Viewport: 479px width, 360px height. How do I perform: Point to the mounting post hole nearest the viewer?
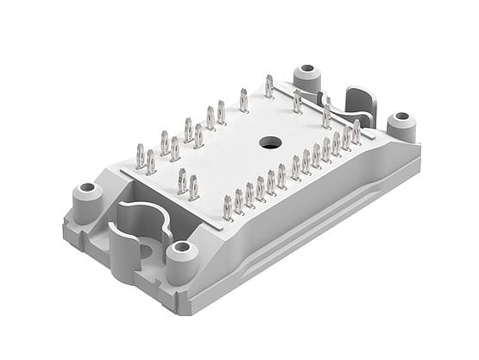coord(180,249)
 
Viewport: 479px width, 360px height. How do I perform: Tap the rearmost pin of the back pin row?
coord(269,86)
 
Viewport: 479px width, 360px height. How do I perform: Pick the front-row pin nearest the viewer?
coord(229,207)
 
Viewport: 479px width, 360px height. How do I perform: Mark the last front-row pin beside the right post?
coord(356,131)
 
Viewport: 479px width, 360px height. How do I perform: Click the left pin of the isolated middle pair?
coord(182,180)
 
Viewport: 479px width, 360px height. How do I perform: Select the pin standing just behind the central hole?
coord(244,102)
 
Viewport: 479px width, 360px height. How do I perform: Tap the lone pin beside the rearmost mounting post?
coord(297,101)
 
